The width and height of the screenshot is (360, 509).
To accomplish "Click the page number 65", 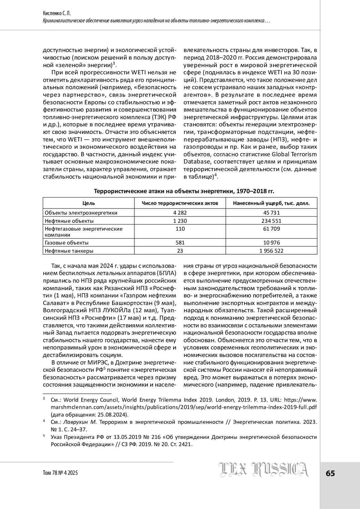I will [330, 473].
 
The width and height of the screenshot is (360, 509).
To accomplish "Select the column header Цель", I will [88, 203].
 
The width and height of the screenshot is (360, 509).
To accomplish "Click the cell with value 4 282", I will [180, 213].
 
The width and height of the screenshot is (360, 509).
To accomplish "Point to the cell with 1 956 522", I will [271, 251].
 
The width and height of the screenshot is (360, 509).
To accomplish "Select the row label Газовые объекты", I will [67, 243].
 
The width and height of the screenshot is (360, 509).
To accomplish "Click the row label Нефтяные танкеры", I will [69, 251].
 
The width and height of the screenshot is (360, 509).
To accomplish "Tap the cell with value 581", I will [180, 243].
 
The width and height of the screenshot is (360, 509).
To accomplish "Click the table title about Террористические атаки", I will [184, 191].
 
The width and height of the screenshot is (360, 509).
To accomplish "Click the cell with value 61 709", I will [271, 229].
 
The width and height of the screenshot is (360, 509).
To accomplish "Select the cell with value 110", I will [180, 229].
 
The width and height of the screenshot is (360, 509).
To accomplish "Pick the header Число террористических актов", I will [180, 203].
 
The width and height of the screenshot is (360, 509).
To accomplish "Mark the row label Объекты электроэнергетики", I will [81, 213].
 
